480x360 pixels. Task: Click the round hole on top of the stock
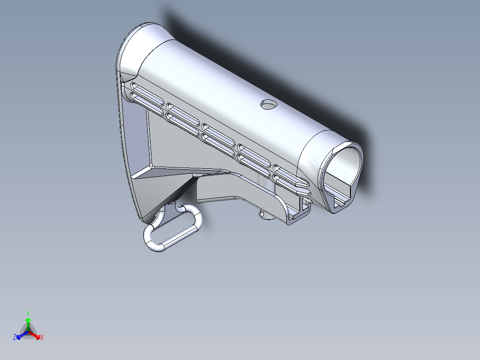[x=268, y=104]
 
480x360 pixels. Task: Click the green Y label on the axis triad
[x=28, y=313]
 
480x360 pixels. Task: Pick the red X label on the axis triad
[x=41, y=338]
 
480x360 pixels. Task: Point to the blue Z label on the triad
[x=15, y=338]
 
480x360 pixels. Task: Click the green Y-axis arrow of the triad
[x=28, y=323]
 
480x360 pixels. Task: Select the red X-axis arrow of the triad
[x=36, y=335]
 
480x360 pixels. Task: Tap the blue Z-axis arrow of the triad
[x=20, y=335]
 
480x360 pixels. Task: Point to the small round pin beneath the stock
[x=265, y=216]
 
